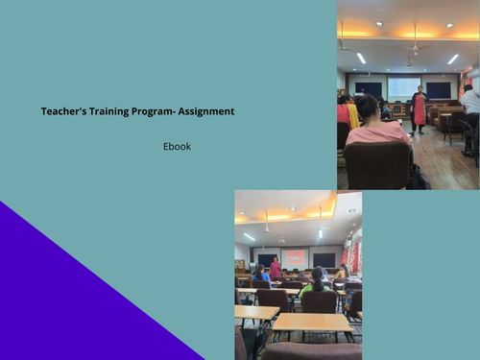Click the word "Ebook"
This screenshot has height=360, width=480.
(x=177, y=147)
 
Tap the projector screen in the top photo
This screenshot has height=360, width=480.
(x=403, y=87)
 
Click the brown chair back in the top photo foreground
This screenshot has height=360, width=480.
(x=377, y=164)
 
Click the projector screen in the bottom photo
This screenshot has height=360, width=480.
(x=295, y=258)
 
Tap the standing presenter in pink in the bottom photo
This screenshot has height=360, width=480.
(x=276, y=268)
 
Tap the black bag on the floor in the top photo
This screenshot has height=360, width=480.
(x=420, y=178)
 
